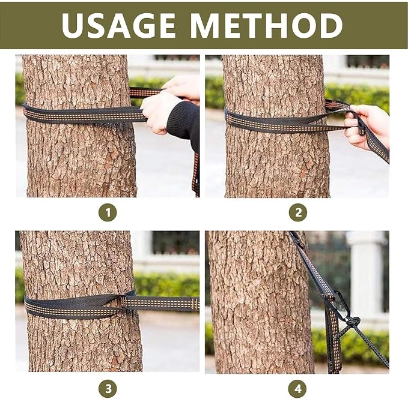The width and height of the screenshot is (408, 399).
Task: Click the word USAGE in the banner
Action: pyautogui.click(x=118, y=25)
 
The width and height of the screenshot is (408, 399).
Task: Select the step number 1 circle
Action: pyautogui.click(x=108, y=212)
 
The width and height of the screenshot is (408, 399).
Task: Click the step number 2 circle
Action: pyautogui.click(x=298, y=212)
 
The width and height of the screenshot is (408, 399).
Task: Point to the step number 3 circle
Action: pyautogui.click(x=108, y=389)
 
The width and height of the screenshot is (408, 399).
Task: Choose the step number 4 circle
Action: pyautogui.click(x=298, y=389)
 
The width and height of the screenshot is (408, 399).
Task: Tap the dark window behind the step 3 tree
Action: pyautogui.click(x=175, y=242)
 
